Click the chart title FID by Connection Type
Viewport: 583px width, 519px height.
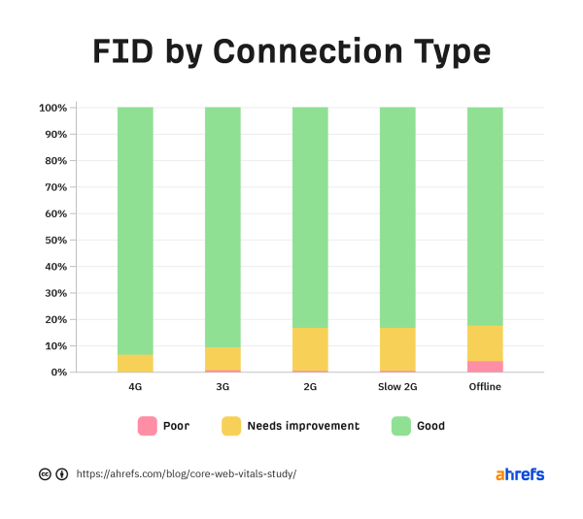coord(291,51)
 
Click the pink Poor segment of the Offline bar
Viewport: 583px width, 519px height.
coord(485,367)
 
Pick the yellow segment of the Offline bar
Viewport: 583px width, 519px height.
coord(485,343)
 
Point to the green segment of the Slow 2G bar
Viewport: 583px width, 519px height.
coord(397,218)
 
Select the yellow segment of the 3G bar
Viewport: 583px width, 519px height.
coord(223,358)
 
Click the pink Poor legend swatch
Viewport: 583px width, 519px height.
coord(148,426)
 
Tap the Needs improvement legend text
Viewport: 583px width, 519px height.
coord(303,426)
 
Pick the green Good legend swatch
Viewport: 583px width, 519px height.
coord(400,426)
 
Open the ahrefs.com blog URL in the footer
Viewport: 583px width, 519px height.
coord(186,474)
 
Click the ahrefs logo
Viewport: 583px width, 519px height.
coord(520,474)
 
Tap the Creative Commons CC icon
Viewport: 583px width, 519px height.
coord(45,474)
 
